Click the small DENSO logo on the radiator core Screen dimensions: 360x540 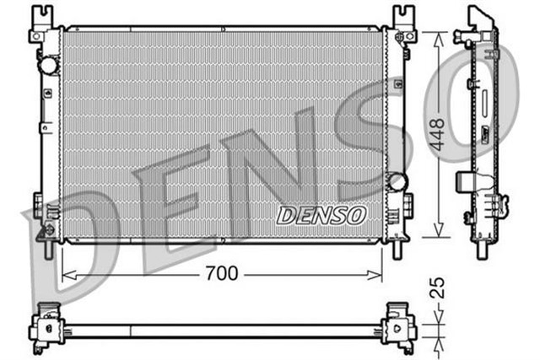pos(321,216)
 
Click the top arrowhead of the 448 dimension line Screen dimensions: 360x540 pos(438,36)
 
